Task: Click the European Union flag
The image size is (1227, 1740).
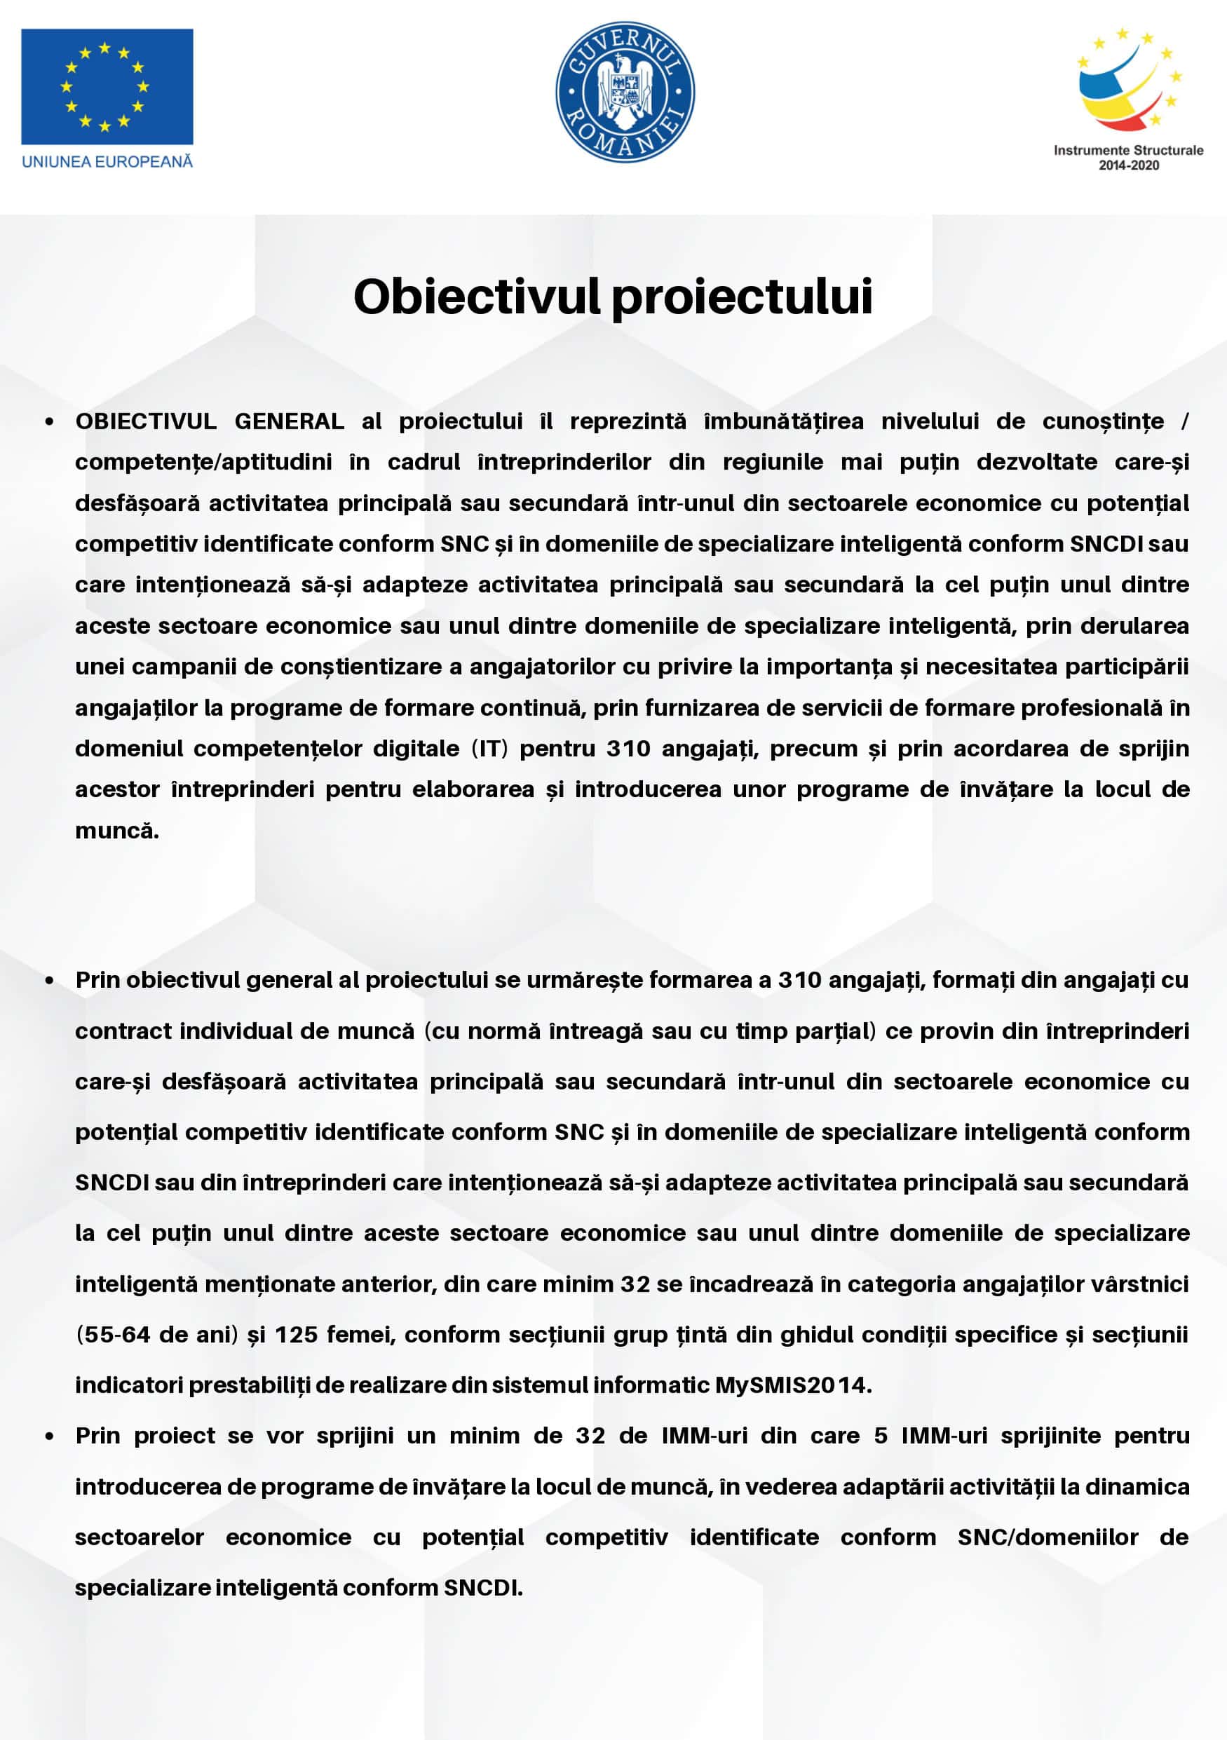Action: tap(107, 86)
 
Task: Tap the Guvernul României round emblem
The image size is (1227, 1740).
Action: tap(625, 91)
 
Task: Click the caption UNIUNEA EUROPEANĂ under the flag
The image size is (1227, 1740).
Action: tap(107, 161)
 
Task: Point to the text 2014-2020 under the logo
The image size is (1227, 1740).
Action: tap(1128, 165)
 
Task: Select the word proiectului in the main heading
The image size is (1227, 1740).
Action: tap(742, 297)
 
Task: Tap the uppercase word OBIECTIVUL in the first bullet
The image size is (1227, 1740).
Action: tap(146, 421)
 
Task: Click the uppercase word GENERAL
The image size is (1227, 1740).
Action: tap(289, 421)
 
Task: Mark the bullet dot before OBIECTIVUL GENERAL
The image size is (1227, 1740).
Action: tap(49, 422)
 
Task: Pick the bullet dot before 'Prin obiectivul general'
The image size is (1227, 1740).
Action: tap(49, 981)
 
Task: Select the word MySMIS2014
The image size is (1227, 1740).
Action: tap(793, 1385)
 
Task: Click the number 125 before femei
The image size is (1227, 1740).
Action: tap(296, 1335)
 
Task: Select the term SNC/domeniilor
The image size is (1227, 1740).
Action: tap(1048, 1537)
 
